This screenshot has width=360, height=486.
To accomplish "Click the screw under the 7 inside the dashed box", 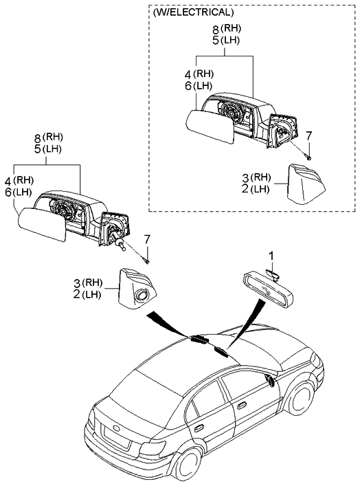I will [308, 157].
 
